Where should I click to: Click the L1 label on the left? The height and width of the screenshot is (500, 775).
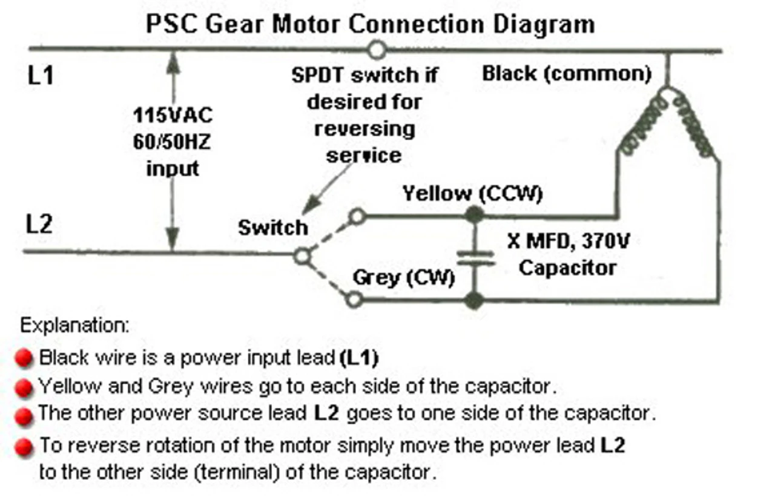pyautogui.click(x=41, y=77)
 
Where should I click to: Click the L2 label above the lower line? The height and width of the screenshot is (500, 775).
pyautogui.click(x=39, y=225)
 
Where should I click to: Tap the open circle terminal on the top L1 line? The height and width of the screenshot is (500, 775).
pyautogui.click(x=377, y=49)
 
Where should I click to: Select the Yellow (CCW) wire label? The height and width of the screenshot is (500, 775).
pyautogui.click(x=472, y=194)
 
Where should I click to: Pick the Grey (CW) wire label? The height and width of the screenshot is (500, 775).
pyautogui.click(x=403, y=278)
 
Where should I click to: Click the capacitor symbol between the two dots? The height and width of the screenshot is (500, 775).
pyautogui.click(x=475, y=257)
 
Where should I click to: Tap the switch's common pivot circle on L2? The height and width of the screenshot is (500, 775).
pyautogui.click(x=302, y=256)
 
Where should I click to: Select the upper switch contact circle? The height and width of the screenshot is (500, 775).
pyautogui.click(x=357, y=215)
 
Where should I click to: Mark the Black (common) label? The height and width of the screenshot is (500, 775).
pyautogui.click(x=566, y=74)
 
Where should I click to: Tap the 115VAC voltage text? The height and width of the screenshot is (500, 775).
pyautogui.click(x=173, y=115)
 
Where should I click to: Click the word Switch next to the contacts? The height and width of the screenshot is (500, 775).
pyautogui.click(x=272, y=228)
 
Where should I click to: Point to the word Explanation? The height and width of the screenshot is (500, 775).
pyautogui.click(x=75, y=326)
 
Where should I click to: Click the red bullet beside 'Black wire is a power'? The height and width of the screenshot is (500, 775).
pyautogui.click(x=24, y=359)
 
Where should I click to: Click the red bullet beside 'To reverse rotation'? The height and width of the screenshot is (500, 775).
pyautogui.click(x=24, y=448)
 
